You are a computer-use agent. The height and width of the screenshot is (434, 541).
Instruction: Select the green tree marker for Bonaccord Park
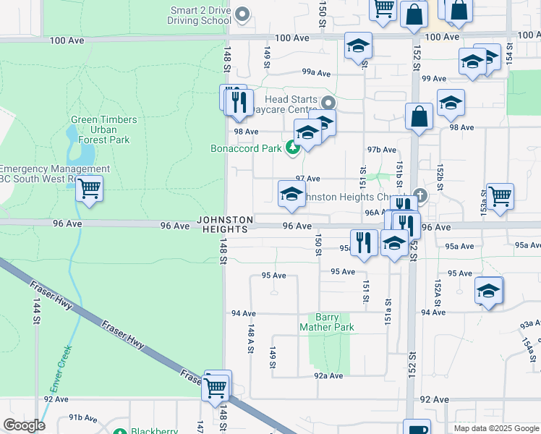point(292,148)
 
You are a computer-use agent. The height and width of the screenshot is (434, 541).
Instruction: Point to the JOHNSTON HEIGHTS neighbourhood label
point(225,224)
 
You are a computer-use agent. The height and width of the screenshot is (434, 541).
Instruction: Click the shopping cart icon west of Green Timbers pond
point(89,189)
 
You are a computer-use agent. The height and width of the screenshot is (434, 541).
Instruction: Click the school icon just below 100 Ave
point(357,46)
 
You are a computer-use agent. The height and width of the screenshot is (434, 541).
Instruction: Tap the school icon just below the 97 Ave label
point(291,194)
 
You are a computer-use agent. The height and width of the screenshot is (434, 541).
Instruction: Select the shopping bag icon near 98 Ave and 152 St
point(419,116)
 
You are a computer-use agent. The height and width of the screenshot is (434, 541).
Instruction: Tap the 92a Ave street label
point(328,376)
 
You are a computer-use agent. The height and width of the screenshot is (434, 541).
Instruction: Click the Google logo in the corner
point(24,425)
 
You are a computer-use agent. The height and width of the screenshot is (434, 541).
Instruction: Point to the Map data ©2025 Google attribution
point(495,428)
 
